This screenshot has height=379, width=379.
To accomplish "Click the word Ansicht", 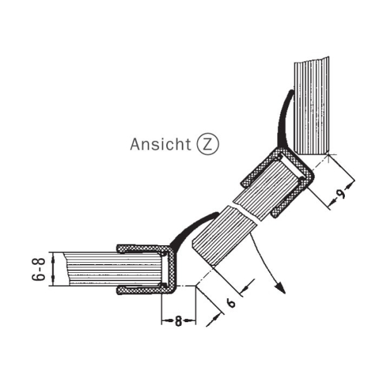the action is click(160, 144).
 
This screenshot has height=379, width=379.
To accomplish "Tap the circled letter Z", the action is click(208, 144).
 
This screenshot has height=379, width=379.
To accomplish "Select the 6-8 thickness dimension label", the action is click(39, 269).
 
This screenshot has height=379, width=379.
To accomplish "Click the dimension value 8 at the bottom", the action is click(178, 322).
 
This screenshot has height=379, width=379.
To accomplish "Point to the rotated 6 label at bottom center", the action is click(232, 303).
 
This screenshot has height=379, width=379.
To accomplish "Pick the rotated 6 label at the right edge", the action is click(342, 193).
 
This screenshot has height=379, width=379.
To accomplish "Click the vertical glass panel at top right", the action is click(312, 105).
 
